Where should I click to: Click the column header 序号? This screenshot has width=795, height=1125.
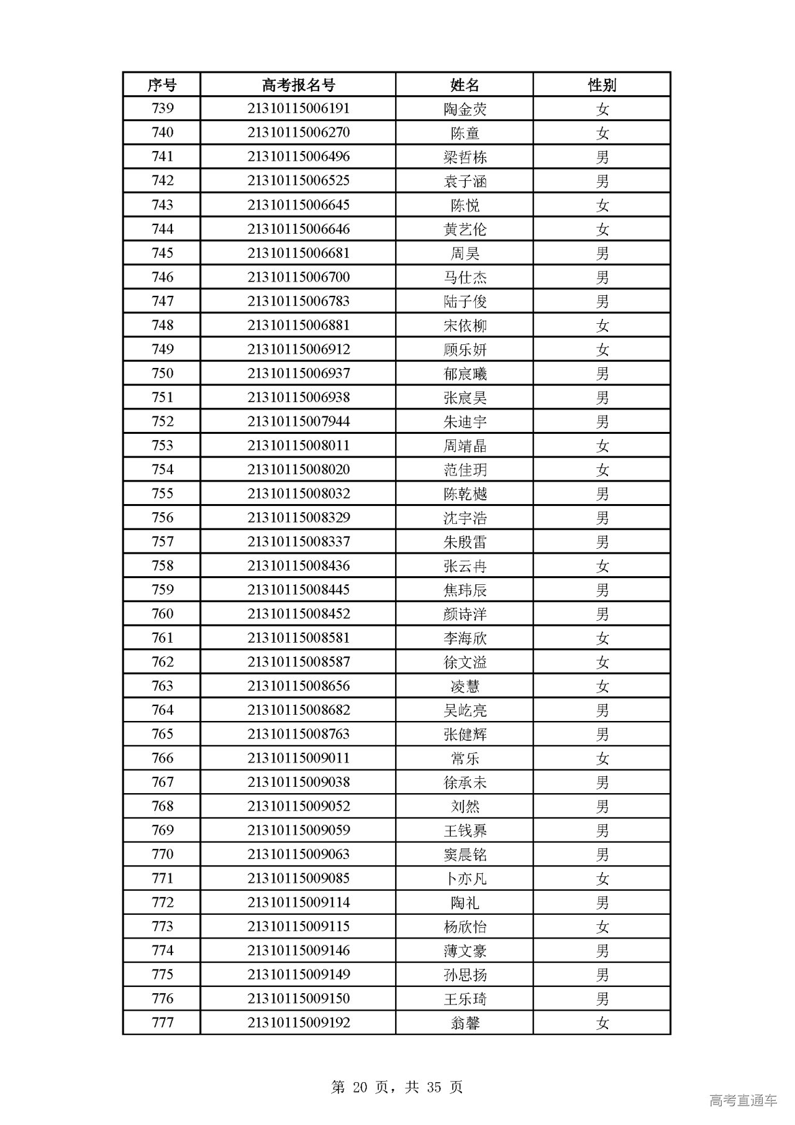pyautogui.click(x=161, y=85)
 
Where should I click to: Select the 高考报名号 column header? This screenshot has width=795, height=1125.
pyautogui.click(x=298, y=85)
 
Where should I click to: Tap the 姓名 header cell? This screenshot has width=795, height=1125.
pyautogui.click(x=465, y=85)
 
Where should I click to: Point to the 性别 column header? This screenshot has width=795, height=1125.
pyautogui.click(x=602, y=85)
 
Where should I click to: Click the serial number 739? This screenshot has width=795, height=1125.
pyautogui.click(x=162, y=108)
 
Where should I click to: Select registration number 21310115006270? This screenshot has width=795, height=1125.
pyautogui.click(x=298, y=132)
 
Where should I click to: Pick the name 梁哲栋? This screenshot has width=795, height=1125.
pyautogui.click(x=465, y=157)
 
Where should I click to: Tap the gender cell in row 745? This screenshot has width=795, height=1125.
pyautogui.click(x=602, y=253)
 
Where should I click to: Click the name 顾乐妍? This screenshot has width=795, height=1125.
pyautogui.click(x=465, y=349)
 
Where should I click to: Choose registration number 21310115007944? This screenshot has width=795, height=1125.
pyautogui.click(x=298, y=421)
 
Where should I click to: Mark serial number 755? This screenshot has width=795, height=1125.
pyautogui.click(x=162, y=494)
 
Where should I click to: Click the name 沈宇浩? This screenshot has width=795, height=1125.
pyautogui.click(x=465, y=518)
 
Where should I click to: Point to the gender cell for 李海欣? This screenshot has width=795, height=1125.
pyautogui.click(x=602, y=638)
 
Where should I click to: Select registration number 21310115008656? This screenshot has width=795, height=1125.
pyautogui.click(x=298, y=686)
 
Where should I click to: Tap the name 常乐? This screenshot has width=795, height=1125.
pyautogui.click(x=465, y=758)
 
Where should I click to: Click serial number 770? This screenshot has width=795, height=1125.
pyautogui.click(x=162, y=854)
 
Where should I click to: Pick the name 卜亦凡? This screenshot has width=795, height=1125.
pyautogui.click(x=465, y=878)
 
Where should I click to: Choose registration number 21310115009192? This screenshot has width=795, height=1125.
pyautogui.click(x=298, y=1022)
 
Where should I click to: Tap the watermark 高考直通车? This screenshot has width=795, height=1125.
pyautogui.click(x=743, y=1101)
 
